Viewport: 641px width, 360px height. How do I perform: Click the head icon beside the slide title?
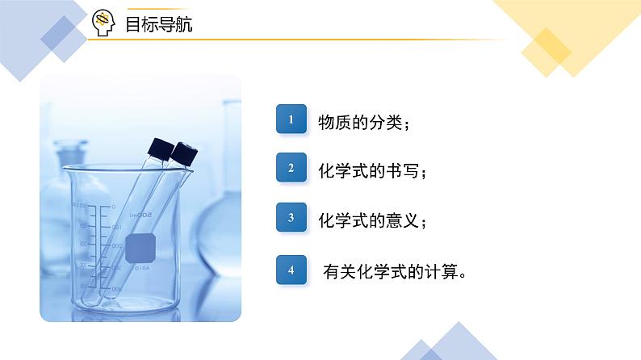point(104,24)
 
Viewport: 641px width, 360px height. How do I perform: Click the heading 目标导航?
point(158,25)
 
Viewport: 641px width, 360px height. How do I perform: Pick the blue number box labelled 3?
point(291,218)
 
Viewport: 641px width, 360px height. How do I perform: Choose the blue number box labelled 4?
point(291,270)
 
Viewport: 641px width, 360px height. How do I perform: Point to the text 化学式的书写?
point(370,172)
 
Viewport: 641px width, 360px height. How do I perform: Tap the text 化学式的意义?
point(370,220)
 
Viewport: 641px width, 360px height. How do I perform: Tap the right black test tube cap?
point(185,153)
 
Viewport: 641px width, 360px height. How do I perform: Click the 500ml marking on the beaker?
point(142,214)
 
